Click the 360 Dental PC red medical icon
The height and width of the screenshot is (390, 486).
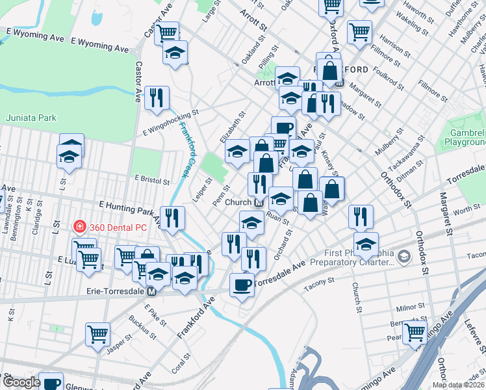coord(79,226)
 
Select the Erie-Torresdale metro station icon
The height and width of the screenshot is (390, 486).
coord(151,292)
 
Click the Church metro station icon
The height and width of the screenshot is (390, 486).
coord(259,202)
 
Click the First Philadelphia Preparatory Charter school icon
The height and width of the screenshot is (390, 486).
coord(405,255)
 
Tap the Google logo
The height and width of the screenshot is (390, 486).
coord(21,383)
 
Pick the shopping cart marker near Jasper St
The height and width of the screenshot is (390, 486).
coord(97,334)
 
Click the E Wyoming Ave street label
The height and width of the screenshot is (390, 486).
coord(35,34)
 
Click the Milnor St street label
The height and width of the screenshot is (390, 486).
coord(410,306)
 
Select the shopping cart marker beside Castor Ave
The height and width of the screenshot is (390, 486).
coord(167,32)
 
